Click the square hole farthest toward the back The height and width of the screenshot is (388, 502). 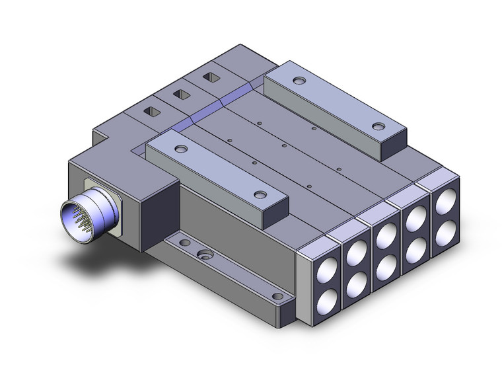pyautogui.click(x=210, y=77)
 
